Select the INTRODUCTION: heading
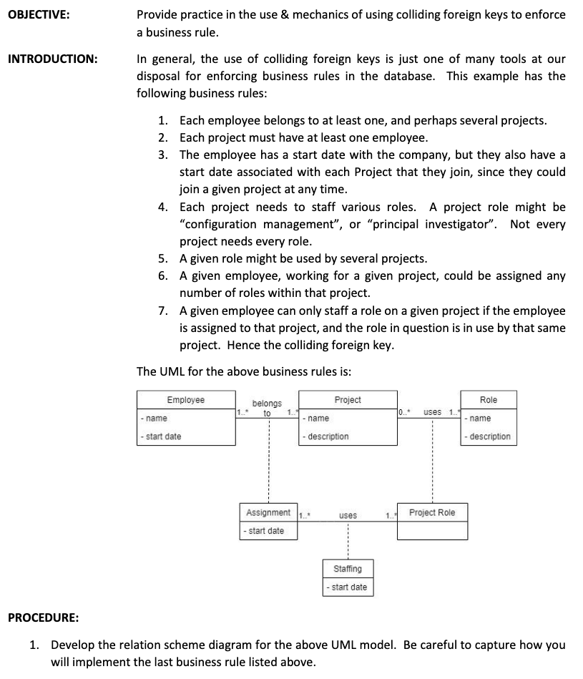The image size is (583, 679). tap(52, 59)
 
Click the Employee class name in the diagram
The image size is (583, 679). tap(185, 400)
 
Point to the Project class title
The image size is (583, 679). tap(348, 400)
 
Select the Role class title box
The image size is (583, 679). tap(489, 400)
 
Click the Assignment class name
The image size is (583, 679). tap(268, 513)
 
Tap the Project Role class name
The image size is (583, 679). tap(432, 513)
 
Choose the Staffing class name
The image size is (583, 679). tap(348, 569)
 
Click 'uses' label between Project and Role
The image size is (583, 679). tap(432, 412)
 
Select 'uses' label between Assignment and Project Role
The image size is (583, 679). tap(348, 515)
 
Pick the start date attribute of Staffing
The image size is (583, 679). tap(348, 587)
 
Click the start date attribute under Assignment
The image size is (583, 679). tap(265, 531)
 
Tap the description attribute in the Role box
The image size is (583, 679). tap(489, 436)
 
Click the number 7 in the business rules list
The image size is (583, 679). tap(162, 311)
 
